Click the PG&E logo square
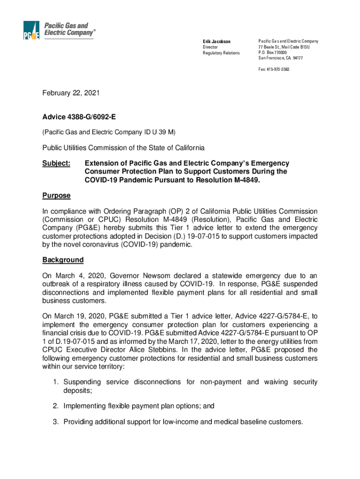click(32, 31)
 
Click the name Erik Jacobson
click(216, 42)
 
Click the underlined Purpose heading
click(57, 196)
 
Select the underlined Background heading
click(63, 260)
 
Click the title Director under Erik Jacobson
click(210, 47)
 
